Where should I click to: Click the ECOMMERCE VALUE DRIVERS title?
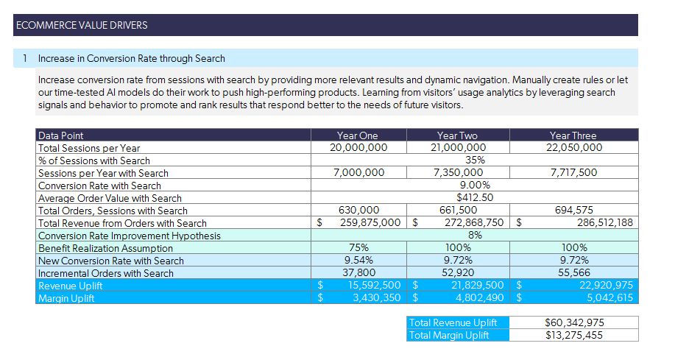pyautogui.click(x=82, y=25)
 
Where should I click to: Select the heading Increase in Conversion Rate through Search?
pyautogui.click(x=131, y=58)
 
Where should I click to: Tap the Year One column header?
pyautogui.click(x=357, y=135)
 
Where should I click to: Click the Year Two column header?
pyautogui.click(x=457, y=135)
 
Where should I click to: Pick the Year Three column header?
pyautogui.click(x=573, y=135)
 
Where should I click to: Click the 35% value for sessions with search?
pyautogui.click(x=475, y=160)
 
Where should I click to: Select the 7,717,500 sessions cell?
pyautogui.click(x=573, y=173)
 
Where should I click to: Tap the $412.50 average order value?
pyautogui.click(x=475, y=198)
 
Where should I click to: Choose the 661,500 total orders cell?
pyautogui.click(x=457, y=211)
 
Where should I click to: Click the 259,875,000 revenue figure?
pyautogui.click(x=370, y=223)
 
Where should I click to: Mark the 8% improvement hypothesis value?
pyautogui.click(x=475, y=236)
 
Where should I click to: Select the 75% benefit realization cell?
pyautogui.click(x=358, y=248)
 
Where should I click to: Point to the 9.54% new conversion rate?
pyautogui.click(x=358, y=261)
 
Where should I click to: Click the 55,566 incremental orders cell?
pyautogui.click(x=573, y=273)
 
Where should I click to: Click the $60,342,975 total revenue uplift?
pyautogui.click(x=579, y=323)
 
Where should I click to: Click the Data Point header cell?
pyautogui.click(x=61, y=135)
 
